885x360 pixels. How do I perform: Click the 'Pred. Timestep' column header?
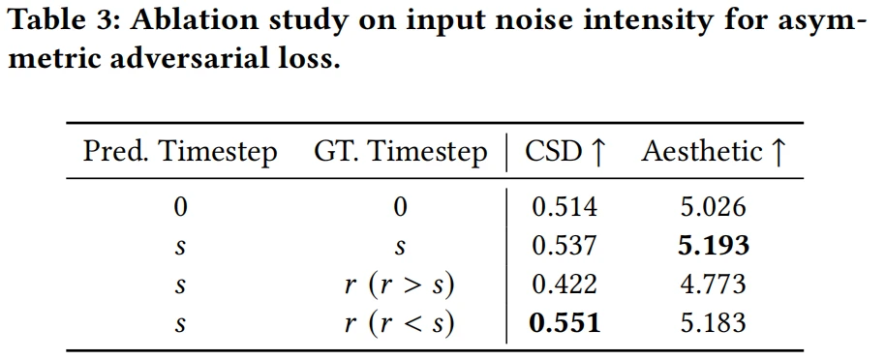(180, 152)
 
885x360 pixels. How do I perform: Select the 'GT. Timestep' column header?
(400, 152)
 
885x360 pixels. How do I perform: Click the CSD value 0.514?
(564, 207)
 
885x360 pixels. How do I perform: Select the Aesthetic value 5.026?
(714, 207)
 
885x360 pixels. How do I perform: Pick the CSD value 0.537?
(564, 246)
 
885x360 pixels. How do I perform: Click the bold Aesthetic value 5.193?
(714, 246)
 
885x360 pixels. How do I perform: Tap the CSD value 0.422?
(564, 285)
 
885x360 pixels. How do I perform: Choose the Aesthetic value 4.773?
(714, 285)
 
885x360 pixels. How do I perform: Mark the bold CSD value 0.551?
(565, 323)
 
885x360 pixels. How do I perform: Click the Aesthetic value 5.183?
(714, 323)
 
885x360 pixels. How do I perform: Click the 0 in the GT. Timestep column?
(400, 207)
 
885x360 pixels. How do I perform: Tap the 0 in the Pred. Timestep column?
(180, 207)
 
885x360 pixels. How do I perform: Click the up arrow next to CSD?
(597, 152)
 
